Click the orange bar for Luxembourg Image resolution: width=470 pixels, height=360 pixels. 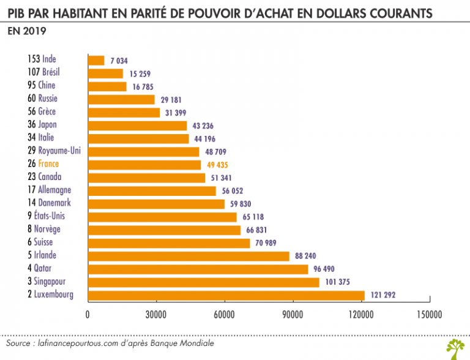click(226, 295)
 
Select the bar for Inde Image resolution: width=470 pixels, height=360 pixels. click(97, 60)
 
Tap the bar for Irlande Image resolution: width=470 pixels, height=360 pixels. click(188, 256)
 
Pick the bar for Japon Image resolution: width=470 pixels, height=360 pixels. click(138, 126)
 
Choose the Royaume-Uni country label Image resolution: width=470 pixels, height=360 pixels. click(59, 151)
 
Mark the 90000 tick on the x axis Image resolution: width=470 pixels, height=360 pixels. click(293, 315)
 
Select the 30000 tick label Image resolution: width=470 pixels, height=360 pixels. click(157, 315)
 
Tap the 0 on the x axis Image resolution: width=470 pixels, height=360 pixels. click(88, 315)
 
